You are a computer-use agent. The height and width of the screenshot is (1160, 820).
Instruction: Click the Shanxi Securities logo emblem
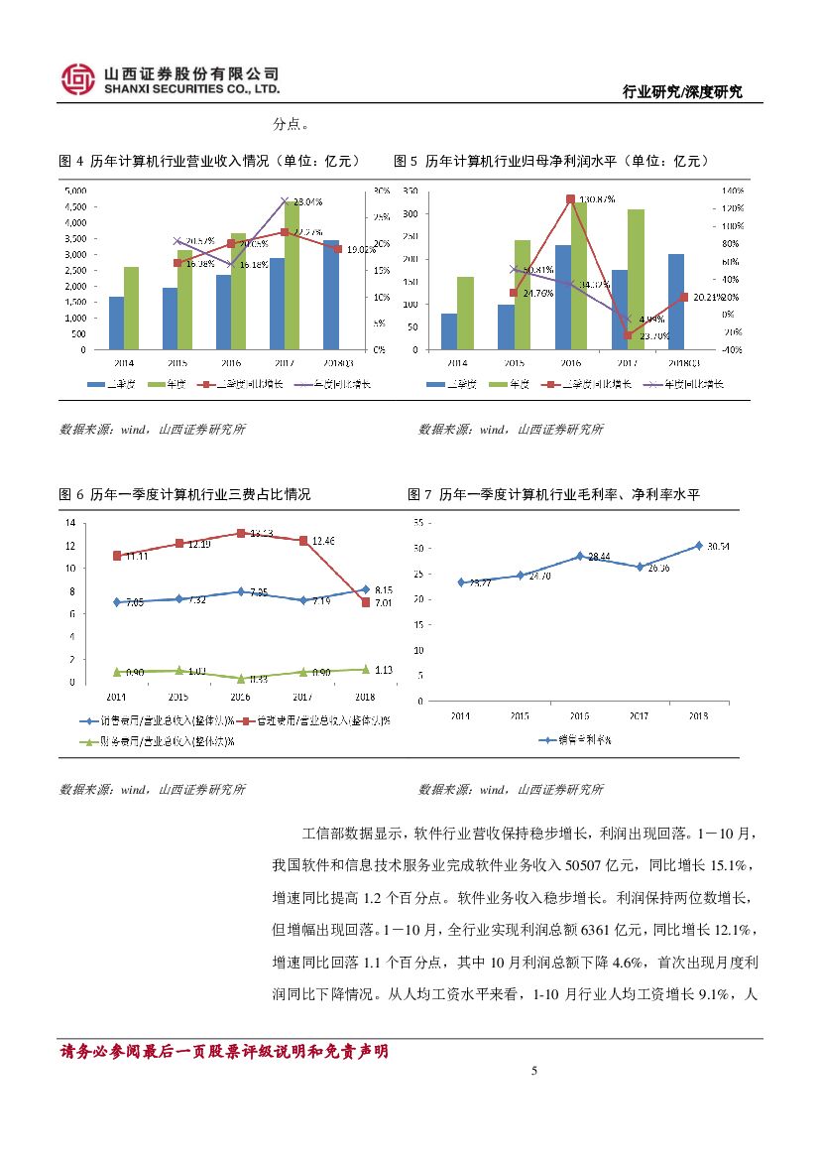(x=78, y=80)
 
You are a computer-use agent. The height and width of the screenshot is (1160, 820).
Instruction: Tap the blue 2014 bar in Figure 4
(x=116, y=322)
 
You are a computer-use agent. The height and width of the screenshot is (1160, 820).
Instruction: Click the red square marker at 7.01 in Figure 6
(x=365, y=602)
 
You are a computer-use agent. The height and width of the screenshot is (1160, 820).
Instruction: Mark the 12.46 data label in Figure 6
(x=323, y=541)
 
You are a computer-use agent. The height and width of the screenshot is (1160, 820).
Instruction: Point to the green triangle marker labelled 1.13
(x=365, y=670)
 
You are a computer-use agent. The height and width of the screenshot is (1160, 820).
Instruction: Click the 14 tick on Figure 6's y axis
(x=70, y=523)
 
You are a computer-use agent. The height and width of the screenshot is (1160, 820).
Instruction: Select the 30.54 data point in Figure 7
(x=698, y=546)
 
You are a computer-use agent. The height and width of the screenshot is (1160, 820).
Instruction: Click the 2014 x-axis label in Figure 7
(x=460, y=715)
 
